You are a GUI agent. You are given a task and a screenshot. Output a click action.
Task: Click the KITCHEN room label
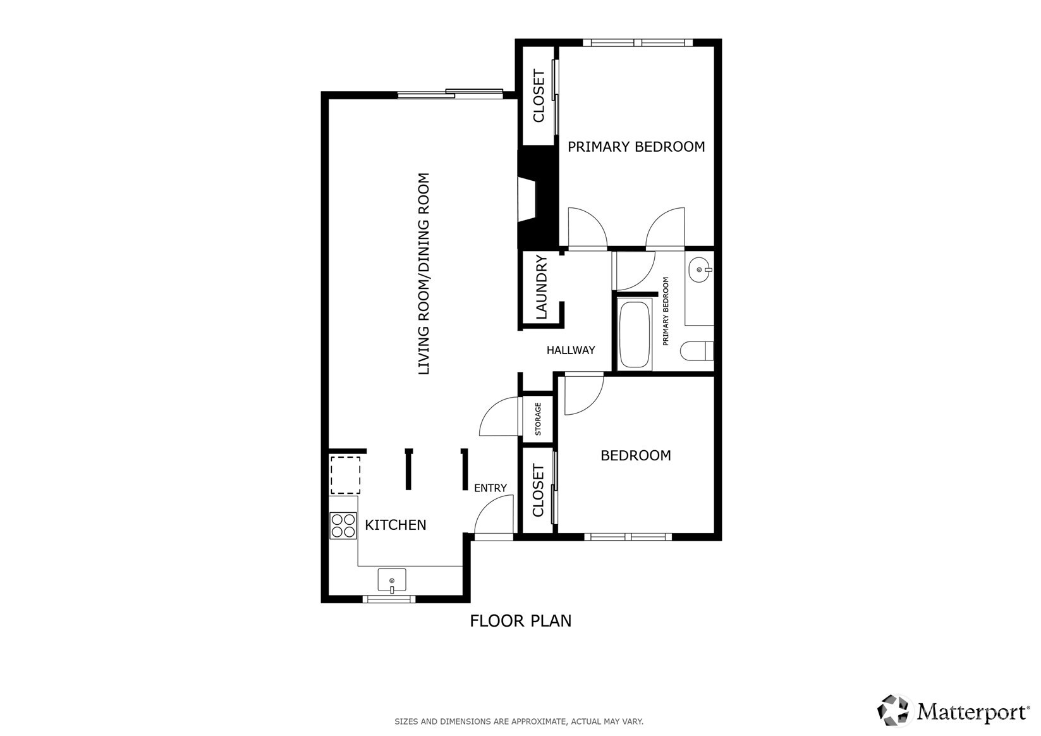coord(395,525)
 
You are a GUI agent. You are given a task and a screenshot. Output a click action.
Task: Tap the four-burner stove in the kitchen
coord(343,525)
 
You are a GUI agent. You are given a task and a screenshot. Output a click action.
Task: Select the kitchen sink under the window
coord(392,580)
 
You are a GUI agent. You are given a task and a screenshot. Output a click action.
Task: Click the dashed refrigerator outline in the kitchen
coord(345,475)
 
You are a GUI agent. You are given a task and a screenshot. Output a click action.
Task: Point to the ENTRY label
coord(490,488)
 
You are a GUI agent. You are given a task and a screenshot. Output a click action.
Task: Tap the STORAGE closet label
coord(539,419)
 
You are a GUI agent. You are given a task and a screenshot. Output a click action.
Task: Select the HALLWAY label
coord(570,350)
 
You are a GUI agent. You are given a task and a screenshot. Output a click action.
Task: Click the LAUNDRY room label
coord(542,287)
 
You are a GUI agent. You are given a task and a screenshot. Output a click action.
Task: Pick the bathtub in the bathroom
coord(635,336)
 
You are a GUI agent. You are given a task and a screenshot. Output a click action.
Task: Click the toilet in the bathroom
coord(698,351)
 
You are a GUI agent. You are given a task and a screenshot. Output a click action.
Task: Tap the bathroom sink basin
coord(700,270)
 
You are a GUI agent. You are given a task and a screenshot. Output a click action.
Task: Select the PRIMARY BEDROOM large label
coord(636,147)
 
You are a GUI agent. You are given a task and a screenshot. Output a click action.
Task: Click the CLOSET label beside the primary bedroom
coord(539,96)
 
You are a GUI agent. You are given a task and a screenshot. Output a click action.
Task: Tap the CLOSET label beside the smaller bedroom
coord(539,491)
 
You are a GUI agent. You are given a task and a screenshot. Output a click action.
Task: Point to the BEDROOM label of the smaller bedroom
coord(635,455)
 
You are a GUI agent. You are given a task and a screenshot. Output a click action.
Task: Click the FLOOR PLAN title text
coord(520,621)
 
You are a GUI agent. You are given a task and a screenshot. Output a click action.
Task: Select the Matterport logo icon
coord(894,710)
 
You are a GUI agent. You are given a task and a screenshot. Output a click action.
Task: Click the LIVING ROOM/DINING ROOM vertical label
coord(423,273)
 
